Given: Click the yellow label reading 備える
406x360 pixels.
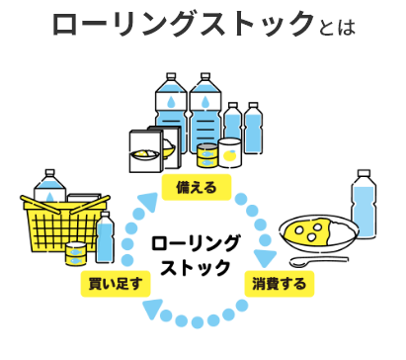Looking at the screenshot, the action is coord(197,187).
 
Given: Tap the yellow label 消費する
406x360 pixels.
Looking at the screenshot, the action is coord(279,284).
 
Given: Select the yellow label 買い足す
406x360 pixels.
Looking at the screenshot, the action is coord(116,284).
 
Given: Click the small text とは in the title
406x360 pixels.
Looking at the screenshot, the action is coord(337,28).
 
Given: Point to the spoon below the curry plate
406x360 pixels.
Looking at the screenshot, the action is coord(318,261).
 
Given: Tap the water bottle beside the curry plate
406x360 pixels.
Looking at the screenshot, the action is coord(364,204).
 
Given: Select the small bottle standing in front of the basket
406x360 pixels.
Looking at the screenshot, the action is coord(105,237).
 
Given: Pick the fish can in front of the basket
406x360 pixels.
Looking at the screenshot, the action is coord(76,254).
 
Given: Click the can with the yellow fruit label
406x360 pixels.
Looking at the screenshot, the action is coord(230,153).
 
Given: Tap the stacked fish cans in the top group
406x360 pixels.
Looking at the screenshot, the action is coord(207,155).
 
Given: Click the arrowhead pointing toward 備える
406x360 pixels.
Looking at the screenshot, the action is coord(147,202).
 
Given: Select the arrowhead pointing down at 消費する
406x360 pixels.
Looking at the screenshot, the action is coord(265,258).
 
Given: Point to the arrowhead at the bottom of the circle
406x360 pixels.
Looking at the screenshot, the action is coord(152,309).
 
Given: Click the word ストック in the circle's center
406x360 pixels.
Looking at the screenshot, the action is coord(196,267).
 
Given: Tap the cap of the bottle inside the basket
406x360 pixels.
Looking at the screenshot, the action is coord(49,173).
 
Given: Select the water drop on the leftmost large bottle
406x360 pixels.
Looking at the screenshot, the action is coord(171,102).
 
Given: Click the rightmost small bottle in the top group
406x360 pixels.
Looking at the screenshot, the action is coord(253,128).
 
